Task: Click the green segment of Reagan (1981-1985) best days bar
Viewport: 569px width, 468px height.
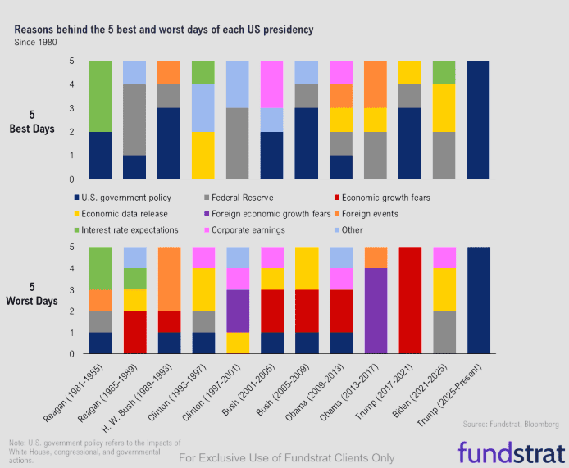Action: [x=99, y=97]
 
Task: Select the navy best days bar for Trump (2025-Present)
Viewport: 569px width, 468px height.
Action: [x=479, y=120]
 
